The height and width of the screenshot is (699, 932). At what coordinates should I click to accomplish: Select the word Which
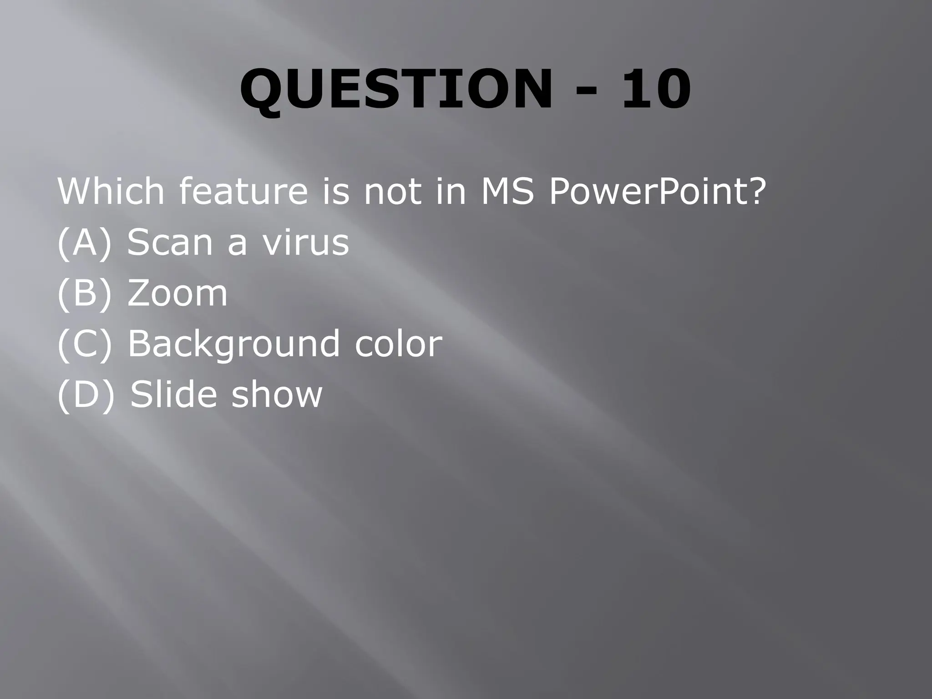tap(111, 192)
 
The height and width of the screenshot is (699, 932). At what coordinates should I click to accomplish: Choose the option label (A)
tap(84, 243)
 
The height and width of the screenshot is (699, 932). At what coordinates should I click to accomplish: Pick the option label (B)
tap(84, 294)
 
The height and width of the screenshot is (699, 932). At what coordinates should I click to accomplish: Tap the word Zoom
tap(177, 294)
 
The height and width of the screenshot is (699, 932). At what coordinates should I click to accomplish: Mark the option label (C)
tap(84, 344)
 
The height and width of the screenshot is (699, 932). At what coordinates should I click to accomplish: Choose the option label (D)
tap(86, 394)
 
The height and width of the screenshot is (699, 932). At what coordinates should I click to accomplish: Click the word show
tap(277, 394)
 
